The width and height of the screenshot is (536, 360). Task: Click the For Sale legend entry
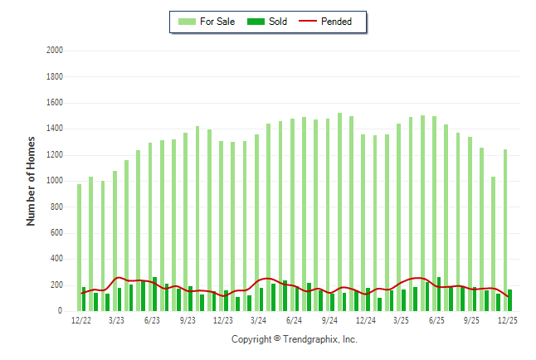coord(207,22)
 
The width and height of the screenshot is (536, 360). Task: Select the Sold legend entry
coord(269,22)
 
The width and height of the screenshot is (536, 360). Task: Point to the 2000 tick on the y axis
coord(55,51)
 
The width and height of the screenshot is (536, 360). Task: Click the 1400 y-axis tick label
coord(55,129)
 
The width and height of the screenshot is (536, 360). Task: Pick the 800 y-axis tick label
coord(57,207)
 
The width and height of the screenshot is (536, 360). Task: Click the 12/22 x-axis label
coord(81,320)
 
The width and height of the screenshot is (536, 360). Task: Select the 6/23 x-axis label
coord(152,320)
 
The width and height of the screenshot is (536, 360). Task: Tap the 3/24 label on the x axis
coord(258,320)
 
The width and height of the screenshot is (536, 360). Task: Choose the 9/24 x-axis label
coord(329,320)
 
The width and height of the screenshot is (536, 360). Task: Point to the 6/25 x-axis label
coord(436,320)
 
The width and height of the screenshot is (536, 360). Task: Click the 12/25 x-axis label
coord(507,320)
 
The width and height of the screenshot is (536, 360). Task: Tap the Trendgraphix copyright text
coord(294,339)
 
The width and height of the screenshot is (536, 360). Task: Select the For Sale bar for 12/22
coord(79,247)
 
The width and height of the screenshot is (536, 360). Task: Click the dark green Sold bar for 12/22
coord(84,299)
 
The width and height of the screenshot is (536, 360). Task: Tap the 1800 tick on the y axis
coord(55,76)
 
